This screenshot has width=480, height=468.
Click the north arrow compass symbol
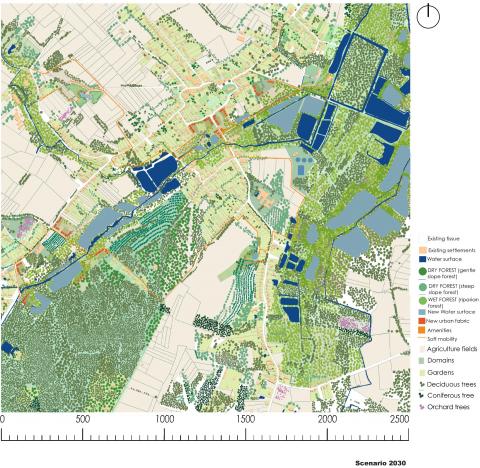(x=431, y=14)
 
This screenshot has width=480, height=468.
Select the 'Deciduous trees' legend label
(x=450, y=384)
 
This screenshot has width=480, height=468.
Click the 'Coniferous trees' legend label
(x=451, y=395)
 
